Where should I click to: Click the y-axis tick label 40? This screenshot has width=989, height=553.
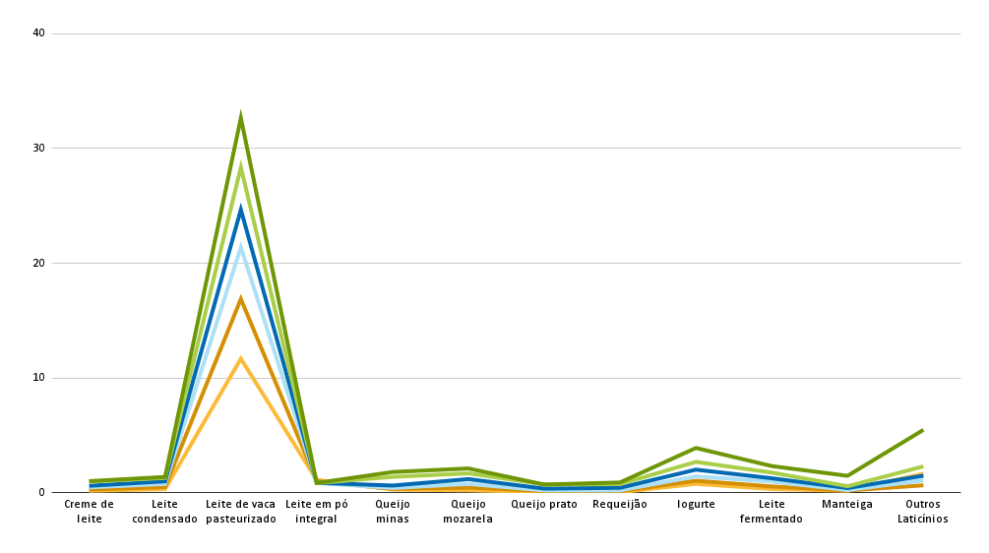click(x=38, y=32)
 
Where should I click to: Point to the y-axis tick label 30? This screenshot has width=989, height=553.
click(x=38, y=148)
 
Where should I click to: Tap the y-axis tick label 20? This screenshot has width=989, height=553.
click(x=38, y=263)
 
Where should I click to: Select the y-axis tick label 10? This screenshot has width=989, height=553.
click(x=38, y=378)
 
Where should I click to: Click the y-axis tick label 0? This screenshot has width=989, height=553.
click(x=41, y=492)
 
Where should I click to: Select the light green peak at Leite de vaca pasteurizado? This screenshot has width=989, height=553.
click(x=240, y=165)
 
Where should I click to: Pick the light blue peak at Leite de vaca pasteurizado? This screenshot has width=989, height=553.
click(x=240, y=246)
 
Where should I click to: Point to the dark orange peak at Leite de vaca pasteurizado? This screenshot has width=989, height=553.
click(x=240, y=299)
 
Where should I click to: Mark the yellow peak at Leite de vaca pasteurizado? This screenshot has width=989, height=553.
click(x=240, y=358)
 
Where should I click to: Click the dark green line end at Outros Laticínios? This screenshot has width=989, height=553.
click(x=923, y=430)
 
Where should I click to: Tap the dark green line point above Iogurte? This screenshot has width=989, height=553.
click(x=696, y=448)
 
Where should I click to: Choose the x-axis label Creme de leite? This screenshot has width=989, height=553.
click(x=89, y=512)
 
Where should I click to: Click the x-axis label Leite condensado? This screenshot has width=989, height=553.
click(x=164, y=512)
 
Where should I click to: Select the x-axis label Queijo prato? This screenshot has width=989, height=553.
click(x=543, y=505)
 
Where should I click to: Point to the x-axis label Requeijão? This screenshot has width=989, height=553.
click(x=619, y=505)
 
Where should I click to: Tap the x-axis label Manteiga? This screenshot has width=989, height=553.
click(x=847, y=505)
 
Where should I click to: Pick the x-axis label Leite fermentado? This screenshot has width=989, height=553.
click(x=771, y=512)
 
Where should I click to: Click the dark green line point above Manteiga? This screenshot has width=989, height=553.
click(x=847, y=475)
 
